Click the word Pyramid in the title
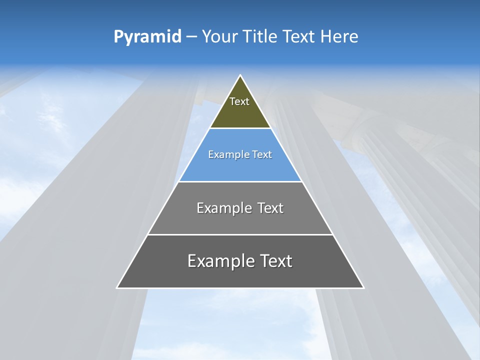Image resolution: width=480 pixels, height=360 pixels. (x=147, y=37)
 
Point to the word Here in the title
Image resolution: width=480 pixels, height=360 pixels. (x=339, y=37)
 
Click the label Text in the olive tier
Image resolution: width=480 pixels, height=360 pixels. (x=239, y=101)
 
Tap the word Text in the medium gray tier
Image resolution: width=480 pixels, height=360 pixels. (x=270, y=208)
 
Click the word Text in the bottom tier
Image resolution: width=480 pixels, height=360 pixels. (x=276, y=261)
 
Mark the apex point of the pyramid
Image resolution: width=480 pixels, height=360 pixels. (x=240, y=75)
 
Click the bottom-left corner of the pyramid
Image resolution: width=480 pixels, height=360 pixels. (x=117, y=287)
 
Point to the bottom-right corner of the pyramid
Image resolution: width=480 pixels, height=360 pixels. (x=363, y=287)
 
